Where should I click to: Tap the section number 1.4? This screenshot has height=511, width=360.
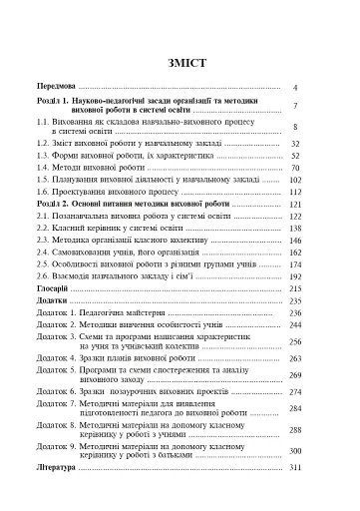[x=46, y=171]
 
